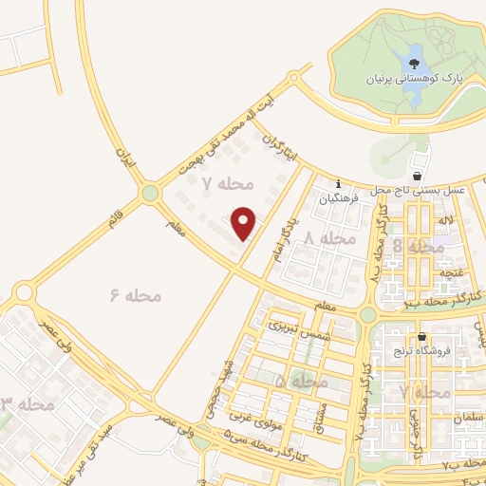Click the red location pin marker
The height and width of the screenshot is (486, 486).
(x=245, y=222)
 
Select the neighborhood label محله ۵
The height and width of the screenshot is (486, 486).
(x=301, y=381)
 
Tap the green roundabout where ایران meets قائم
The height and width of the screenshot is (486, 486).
(x=149, y=194)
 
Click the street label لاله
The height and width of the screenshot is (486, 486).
(x=444, y=220)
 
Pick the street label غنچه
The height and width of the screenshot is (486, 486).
(x=447, y=273)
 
